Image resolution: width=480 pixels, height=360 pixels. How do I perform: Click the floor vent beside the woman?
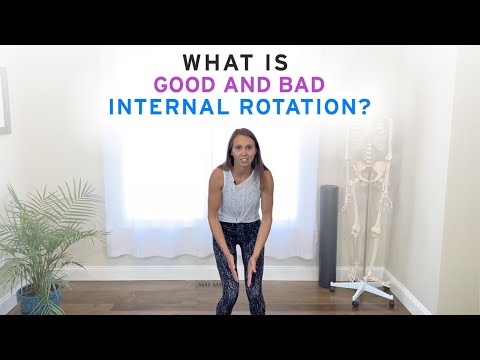point(206,286)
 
